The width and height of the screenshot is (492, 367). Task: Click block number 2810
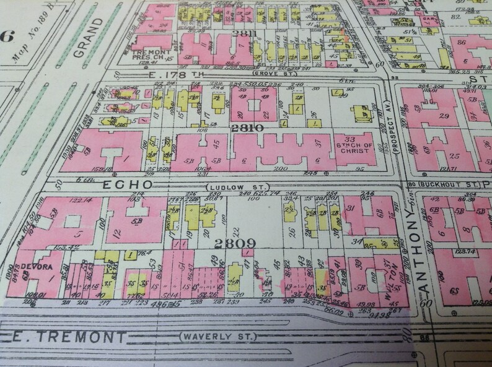coord(247,127)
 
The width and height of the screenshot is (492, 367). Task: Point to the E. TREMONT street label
coord(68,337)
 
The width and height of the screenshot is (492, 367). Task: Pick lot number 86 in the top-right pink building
coord(460,42)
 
